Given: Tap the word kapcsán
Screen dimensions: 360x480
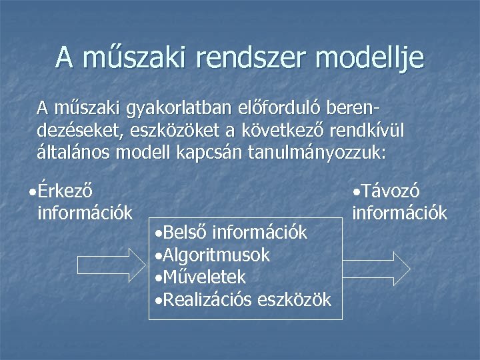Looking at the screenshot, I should tap(211, 152).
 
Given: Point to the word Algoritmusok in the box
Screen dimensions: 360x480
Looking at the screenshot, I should tap(216, 255).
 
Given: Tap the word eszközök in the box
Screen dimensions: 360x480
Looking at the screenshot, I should tap(294, 300).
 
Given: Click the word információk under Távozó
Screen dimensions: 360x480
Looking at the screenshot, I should tap(399, 213).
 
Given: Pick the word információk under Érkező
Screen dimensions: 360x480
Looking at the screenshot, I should tap(86, 213).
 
